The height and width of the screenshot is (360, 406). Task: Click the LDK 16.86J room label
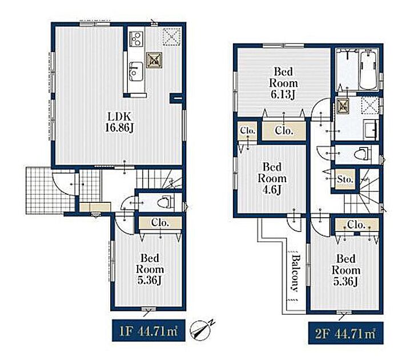click(x=119, y=122)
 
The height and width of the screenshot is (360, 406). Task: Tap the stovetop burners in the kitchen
click(x=136, y=39)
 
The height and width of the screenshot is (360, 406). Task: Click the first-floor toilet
click(x=165, y=202)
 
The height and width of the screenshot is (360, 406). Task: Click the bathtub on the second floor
click(x=368, y=69)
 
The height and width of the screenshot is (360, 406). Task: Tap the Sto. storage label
click(x=345, y=179)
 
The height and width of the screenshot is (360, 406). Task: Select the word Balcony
click(x=295, y=273)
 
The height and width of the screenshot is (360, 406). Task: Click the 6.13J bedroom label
click(x=284, y=83)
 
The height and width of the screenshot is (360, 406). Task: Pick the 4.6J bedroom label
click(x=272, y=178)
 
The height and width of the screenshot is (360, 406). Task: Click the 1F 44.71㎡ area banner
click(x=148, y=330)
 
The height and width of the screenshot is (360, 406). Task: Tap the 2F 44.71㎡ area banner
click(x=345, y=333)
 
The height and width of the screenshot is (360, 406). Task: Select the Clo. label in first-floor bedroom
click(x=160, y=222)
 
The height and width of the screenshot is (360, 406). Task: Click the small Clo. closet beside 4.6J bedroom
click(x=248, y=130)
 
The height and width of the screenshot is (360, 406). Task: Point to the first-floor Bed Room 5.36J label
click(x=150, y=269)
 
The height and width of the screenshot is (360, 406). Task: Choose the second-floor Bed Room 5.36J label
click(x=346, y=270)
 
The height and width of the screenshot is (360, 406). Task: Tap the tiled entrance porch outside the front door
click(x=50, y=190)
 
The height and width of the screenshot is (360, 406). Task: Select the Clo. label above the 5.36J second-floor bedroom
click(x=356, y=225)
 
